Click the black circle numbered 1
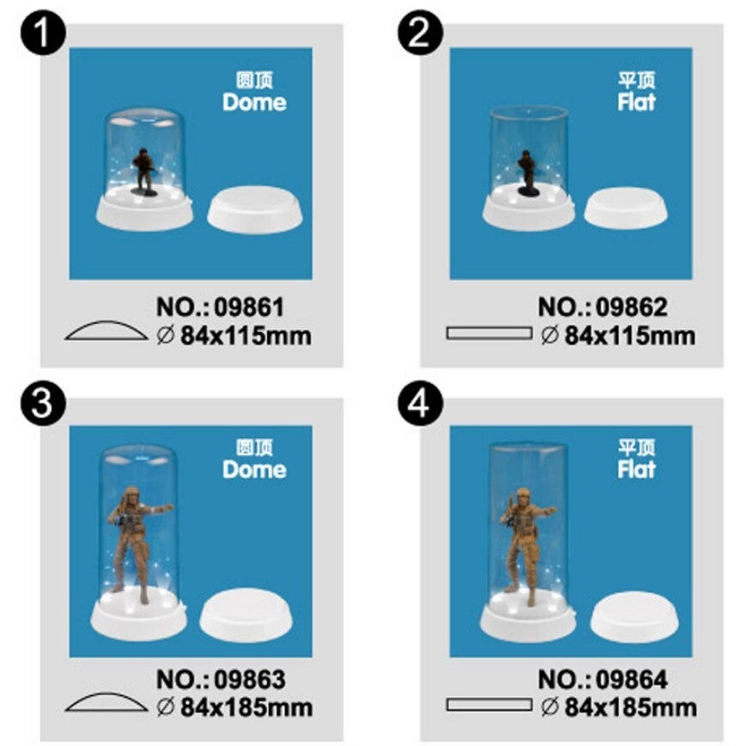point(43,33)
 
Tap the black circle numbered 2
point(420,33)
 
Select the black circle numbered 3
point(43,404)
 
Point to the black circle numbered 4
point(420,404)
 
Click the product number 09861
point(249,306)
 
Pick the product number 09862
point(632,306)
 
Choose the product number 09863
point(250,679)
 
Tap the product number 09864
point(632,679)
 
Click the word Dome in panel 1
point(255,102)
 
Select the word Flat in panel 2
point(636,102)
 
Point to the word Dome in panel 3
point(255,469)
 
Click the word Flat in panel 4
point(636,469)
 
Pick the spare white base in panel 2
point(625,208)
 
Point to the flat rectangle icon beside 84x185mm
point(488,705)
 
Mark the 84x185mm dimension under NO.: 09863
point(246,707)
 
